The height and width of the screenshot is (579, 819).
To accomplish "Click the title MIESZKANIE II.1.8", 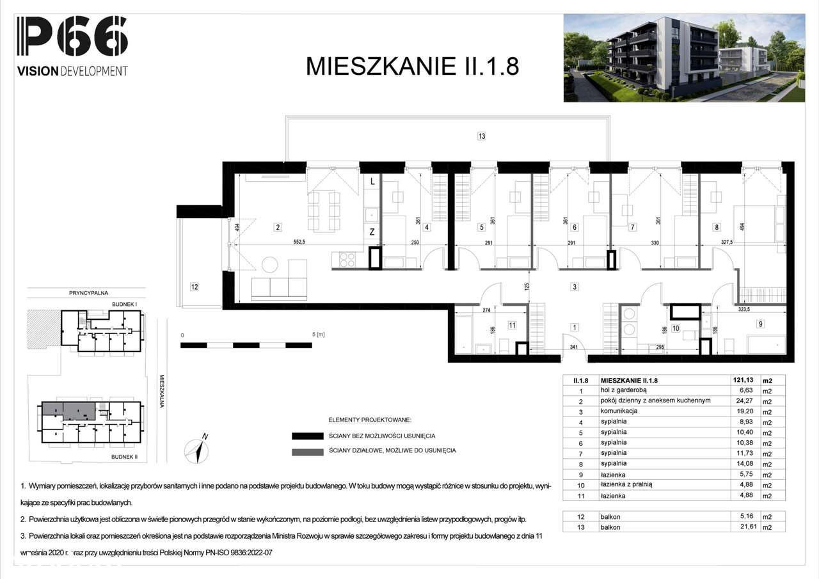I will click(x=412, y=67).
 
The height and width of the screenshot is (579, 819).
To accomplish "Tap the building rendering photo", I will click(x=683, y=58).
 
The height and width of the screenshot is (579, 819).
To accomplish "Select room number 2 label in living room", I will click(x=278, y=226).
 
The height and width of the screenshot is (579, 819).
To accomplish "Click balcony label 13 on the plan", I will click(x=481, y=136).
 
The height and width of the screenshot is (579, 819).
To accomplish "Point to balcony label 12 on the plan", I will click(x=195, y=287).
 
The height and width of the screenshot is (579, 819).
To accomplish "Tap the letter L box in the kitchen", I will click(x=371, y=182).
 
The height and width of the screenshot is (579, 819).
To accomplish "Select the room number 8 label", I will click(x=717, y=226).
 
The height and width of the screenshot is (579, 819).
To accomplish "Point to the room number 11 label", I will click(x=512, y=326).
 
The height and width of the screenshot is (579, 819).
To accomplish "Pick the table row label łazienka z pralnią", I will click(x=626, y=484).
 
